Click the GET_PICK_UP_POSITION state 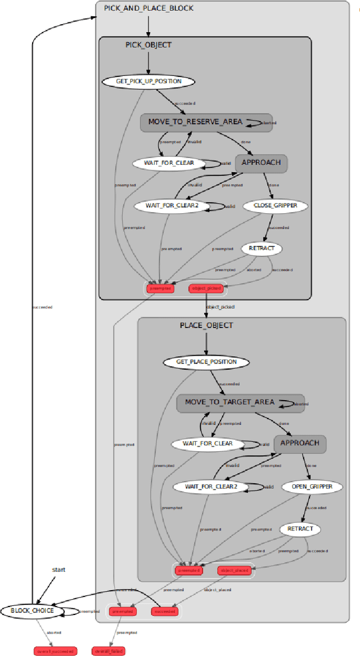point(148,82)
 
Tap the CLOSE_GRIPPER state point(276,206)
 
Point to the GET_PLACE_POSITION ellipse point(206,362)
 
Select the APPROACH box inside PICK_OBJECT point(261,163)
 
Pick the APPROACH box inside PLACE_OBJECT point(300,443)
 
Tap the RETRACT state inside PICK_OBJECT point(262,248)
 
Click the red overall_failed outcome point(108,651)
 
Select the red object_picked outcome point(206,289)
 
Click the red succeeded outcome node point(165,611)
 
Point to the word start point(58,569)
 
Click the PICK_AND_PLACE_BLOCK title point(148,8)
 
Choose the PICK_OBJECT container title point(148,45)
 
